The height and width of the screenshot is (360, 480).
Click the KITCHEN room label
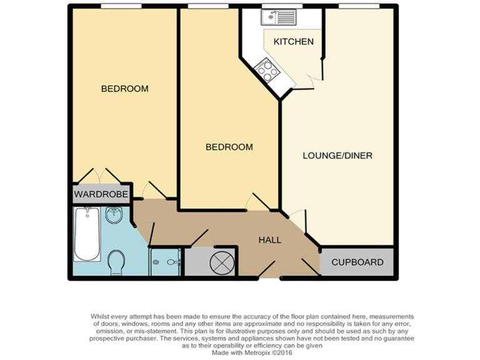[293, 42]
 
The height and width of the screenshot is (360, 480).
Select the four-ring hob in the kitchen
[267, 69]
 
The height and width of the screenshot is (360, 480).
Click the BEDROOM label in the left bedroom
[125, 89]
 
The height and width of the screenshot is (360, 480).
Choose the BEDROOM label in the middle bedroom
[229, 147]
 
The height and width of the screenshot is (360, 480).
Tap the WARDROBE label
[101, 195]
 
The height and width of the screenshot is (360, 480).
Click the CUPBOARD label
[357, 262]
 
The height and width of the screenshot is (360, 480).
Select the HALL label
[270, 240]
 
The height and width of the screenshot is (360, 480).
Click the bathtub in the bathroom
[87, 235]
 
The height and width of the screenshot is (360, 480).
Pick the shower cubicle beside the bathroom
[165, 261]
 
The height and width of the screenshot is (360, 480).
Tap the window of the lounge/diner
[359, 7]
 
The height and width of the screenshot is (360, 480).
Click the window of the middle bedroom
[206, 7]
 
